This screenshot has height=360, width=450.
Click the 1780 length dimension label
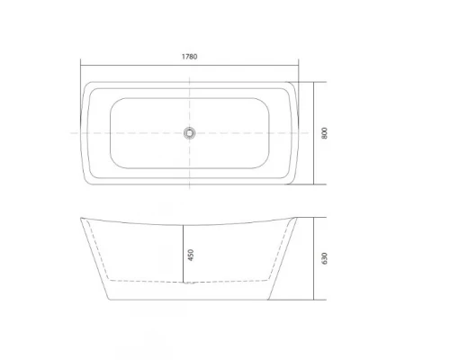click(189, 56)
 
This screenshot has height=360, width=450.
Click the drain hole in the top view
click(189, 133)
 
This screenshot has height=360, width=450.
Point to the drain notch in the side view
click(189, 284)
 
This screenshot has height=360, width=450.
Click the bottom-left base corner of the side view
click(107, 300)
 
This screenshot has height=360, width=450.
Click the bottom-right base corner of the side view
click(271, 300)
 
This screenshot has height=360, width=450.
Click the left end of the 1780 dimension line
click(80, 63)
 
